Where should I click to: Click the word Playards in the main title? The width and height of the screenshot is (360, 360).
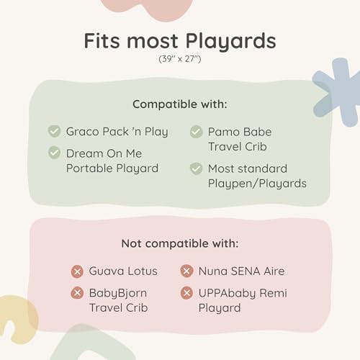pyautogui.click(x=231, y=42)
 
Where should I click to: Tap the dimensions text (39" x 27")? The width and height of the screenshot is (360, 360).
pyautogui.click(x=180, y=59)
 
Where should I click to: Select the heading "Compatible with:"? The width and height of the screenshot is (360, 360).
pyautogui.click(x=180, y=104)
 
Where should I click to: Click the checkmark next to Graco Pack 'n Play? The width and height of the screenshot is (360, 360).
pyautogui.click(x=54, y=131)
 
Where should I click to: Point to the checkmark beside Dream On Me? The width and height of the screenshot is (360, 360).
pyautogui.click(x=54, y=153)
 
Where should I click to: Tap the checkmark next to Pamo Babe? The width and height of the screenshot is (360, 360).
pyautogui.click(x=197, y=132)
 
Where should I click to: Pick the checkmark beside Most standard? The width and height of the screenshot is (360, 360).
pyautogui.click(x=197, y=168)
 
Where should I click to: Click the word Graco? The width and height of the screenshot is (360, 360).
pyautogui.click(x=81, y=132)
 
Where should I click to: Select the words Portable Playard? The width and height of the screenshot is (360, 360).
pyautogui.click(x=112, y=168)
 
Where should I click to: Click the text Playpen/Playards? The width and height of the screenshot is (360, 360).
pyautogui.click(x=257, y=184)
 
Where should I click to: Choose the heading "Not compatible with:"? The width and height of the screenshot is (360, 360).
pyautogui.click(x=180, y=243)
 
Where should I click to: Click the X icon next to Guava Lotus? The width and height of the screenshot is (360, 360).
pyautogui.click(x=77, y=271)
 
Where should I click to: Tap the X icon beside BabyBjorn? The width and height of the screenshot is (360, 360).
pyautogui.click(x=77, y=293)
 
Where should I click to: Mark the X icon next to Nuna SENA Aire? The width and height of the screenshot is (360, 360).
pyautogui.click(x=186, y=271)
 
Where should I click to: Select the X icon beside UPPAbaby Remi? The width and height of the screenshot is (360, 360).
pyautogui.click(x=186, y=293)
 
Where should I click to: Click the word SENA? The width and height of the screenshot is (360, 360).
pyautogui.click(x=246, y=271)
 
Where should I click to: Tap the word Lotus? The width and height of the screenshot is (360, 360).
pyautogui.click(x=143, y=271)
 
